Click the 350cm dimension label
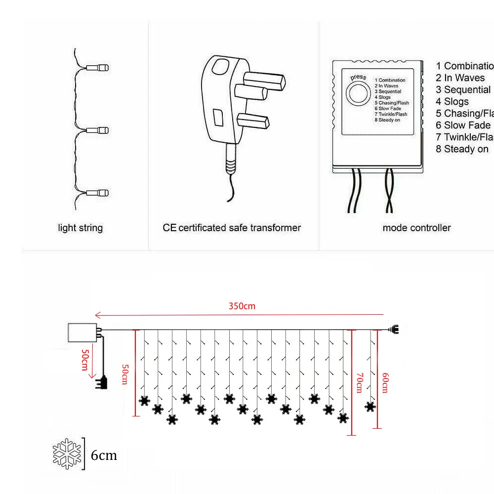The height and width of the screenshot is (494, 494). (x=242, y=306)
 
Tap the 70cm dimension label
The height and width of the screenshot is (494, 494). (x=359, y=383)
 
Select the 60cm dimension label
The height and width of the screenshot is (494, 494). (x=385, y=383)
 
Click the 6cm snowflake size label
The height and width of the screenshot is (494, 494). (x=104, y=455)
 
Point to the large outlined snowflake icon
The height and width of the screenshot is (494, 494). (x=67, y=453)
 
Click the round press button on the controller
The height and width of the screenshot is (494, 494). (x=358, y=93)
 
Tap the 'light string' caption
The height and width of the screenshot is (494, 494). (x=81, y=228)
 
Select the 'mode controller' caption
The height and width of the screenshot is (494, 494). (x=416, y=228)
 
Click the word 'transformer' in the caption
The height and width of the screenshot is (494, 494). (x=275, y=228)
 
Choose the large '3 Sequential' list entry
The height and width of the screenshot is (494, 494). (x=463, y=90)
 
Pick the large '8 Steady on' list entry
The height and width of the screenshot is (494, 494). (x=462, y=149)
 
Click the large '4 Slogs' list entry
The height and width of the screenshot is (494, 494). (x=453, y=102)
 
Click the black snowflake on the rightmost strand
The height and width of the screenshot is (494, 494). (x=370, y=407)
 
